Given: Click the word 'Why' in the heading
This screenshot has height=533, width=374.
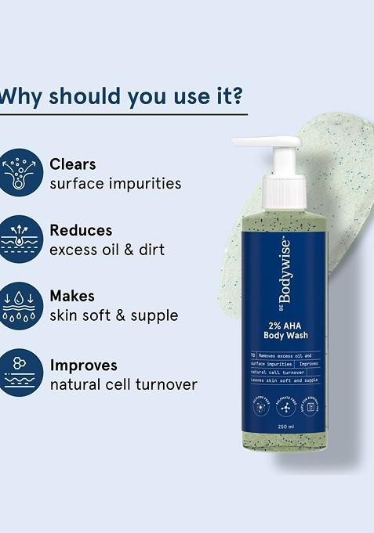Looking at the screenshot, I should (19, 97).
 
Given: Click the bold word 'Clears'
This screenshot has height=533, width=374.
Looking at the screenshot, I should (73, 164).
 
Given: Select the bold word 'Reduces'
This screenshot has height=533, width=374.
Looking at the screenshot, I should (81, 230).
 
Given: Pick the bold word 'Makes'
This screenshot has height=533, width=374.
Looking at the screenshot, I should (72, 296).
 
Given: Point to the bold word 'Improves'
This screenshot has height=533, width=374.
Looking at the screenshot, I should (84, 365).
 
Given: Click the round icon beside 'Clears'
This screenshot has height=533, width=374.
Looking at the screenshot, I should (21, 172).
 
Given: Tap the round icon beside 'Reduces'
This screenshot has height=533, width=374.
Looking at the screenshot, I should (21, 238).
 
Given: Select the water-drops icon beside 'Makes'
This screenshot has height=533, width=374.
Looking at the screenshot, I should (21, 305).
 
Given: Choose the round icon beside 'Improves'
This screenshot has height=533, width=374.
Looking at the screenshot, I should (21, 373).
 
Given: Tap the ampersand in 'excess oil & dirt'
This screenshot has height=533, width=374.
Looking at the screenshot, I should (130, 250).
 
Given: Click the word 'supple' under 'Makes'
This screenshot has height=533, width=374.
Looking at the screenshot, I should (154, 316).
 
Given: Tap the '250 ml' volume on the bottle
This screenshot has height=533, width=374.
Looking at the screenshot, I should (285, 427).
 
